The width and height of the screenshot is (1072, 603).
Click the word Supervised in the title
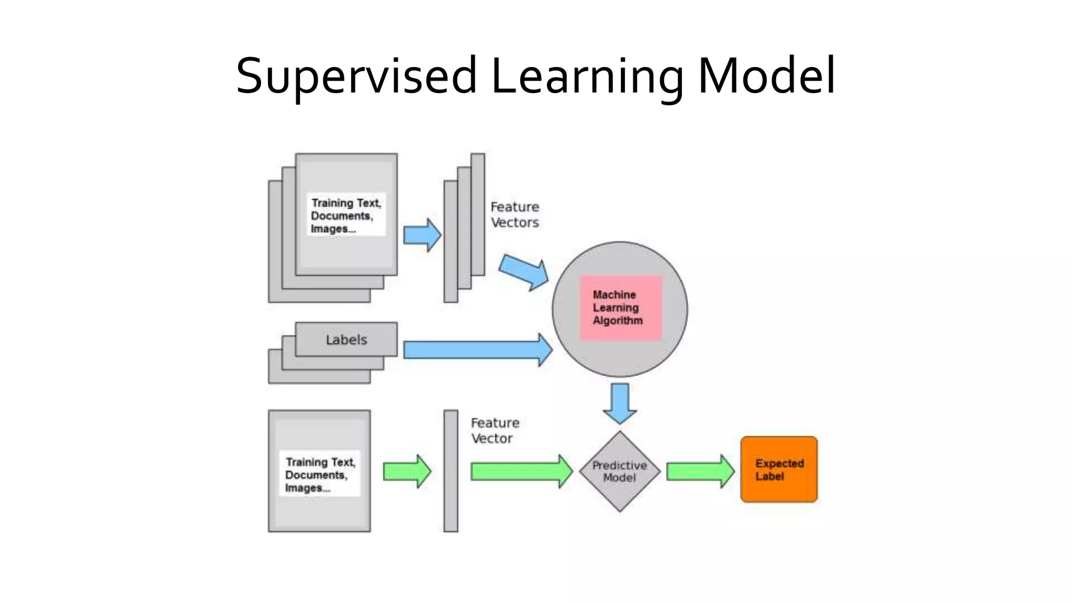pos(356,76)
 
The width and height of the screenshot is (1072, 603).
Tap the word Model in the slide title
pos(766,76)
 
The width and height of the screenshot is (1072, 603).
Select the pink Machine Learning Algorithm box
pos(620,308)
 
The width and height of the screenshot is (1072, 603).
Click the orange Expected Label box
pos(779,470)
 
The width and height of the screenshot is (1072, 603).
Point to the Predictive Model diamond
pos(620,471)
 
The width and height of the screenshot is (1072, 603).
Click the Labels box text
pos(346,340)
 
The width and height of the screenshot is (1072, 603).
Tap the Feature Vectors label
pos(515,215)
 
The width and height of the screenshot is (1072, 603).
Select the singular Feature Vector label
pos(495,430)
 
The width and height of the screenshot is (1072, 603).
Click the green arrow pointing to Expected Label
pos(700,471)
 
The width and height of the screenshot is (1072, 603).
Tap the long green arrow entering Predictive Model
pos(521,471)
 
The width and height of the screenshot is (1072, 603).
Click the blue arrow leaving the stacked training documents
pos(422,235)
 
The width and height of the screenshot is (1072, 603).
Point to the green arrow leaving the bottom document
pos(407,471)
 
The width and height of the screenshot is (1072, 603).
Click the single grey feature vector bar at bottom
pos(451,471)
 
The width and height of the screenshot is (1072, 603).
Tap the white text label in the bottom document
pos(320,474)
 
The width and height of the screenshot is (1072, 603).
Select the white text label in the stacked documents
pos(346,215)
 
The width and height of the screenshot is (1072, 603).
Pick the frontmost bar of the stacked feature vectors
pos(451,241)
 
